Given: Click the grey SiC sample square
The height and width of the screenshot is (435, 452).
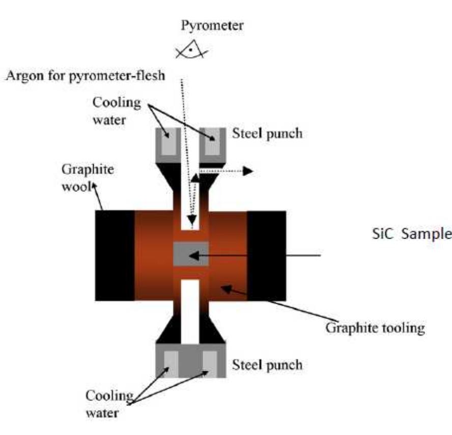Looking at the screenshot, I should pos(191,254).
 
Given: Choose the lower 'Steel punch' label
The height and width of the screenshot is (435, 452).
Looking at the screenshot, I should pos(267,364).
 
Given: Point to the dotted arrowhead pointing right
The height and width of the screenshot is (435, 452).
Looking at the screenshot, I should pos(247,171).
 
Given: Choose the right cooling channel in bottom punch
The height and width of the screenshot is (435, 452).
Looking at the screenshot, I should pos(210,362).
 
